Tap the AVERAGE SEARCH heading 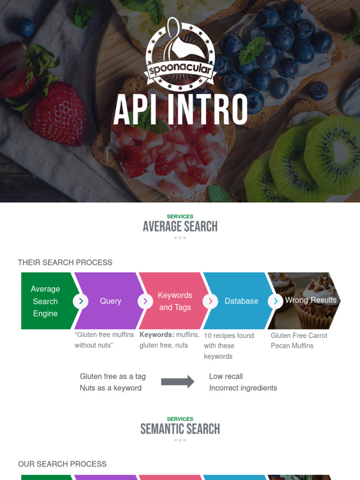[180, 227]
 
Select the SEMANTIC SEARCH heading [180, 429]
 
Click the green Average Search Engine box [45, 301]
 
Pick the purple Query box [111, 301]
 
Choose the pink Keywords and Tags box [175, 301]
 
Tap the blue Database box [241, 301]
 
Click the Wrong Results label [311, 300]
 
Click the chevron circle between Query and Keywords [145, 301]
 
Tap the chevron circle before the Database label [210, 301]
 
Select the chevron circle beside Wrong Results [276, 301]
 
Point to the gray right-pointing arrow [178, 382]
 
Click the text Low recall [226, 376]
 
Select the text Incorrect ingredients [243, 388]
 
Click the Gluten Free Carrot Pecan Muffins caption [299, 341]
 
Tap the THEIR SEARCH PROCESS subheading [65, 262]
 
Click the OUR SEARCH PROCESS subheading [62, 464]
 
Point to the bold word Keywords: [157, 335]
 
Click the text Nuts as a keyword [111, 388]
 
